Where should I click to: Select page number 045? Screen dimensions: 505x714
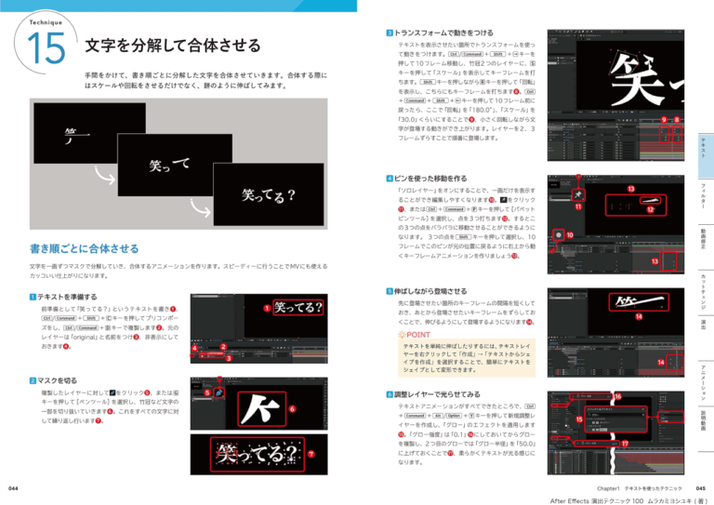[700, 486]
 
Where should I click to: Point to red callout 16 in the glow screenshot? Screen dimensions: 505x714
[618, 397]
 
